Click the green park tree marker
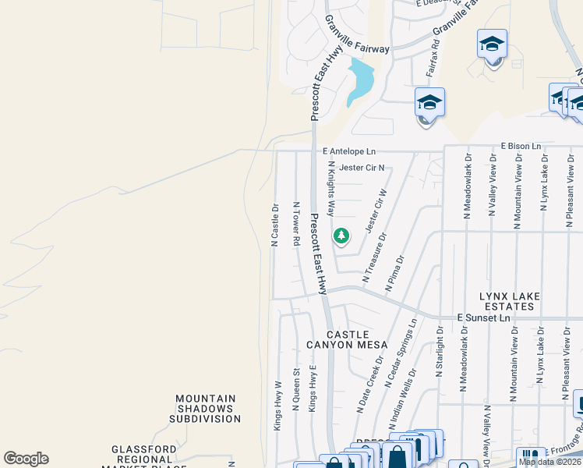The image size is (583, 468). pyautogui.click(x=341, y=236)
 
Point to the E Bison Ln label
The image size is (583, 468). pyautogui.click(x=521, y=146)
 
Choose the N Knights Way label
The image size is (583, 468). pyautogui.click(x=331, y=189)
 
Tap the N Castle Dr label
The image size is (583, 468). pyautogui.click(x=275, y=225)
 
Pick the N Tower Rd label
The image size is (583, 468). pyautogui.click(x=296, y=224)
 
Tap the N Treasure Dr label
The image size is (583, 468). pyautogui.click(x=374, y=257)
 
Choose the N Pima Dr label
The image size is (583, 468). pyautogui.click(x=395, y=274)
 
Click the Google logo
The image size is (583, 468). pyautogui.click(x=26, y=459)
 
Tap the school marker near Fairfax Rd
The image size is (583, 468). pyautogui.click(x=429, y=104)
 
